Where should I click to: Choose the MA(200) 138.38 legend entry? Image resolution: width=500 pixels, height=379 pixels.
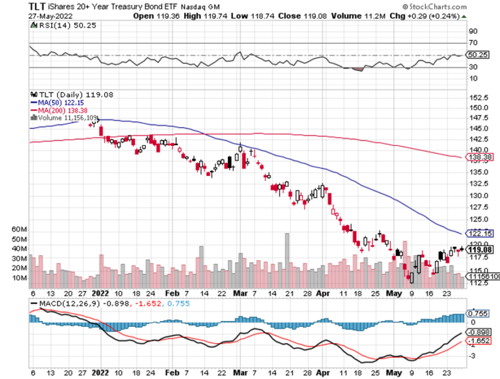(63, 110)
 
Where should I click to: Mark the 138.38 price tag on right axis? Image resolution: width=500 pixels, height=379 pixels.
(479, 157)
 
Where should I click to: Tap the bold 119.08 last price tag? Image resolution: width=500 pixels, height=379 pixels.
(479, 248)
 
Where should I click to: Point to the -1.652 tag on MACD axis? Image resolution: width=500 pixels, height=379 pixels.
(479, 340)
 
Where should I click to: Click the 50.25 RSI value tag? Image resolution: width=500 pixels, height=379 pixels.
(479, 55)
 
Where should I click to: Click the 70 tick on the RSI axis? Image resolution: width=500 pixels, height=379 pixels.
(473, 43)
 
